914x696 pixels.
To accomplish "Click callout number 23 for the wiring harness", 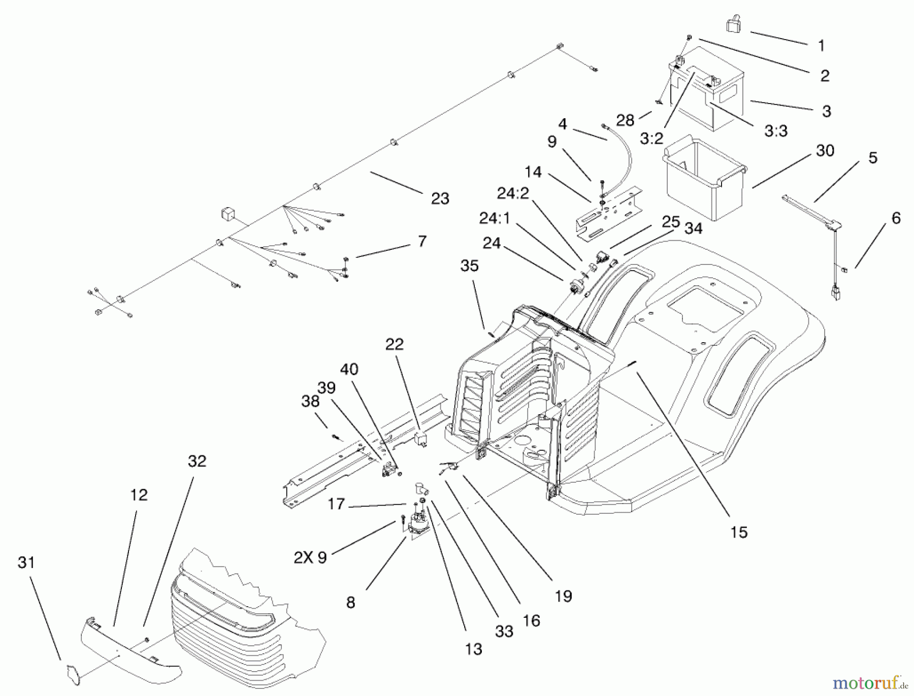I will click(440, 198).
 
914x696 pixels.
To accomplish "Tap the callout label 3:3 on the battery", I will click(775, 131).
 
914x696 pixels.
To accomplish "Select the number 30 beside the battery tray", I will click(825, 151).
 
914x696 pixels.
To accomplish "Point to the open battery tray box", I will click(703, 178).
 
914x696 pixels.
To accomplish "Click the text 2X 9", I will click(310, 557).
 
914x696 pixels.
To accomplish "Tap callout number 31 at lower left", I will click(26, 562).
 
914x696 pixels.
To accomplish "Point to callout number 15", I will click(739, 532).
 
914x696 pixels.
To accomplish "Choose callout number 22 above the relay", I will click(395, 344).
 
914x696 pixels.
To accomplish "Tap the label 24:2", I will click(512, 193).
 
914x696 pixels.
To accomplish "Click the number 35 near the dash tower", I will click(469, 266).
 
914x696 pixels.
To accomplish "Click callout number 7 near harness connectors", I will click(422, 241).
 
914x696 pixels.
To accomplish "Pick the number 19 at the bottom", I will click(563, 596).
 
